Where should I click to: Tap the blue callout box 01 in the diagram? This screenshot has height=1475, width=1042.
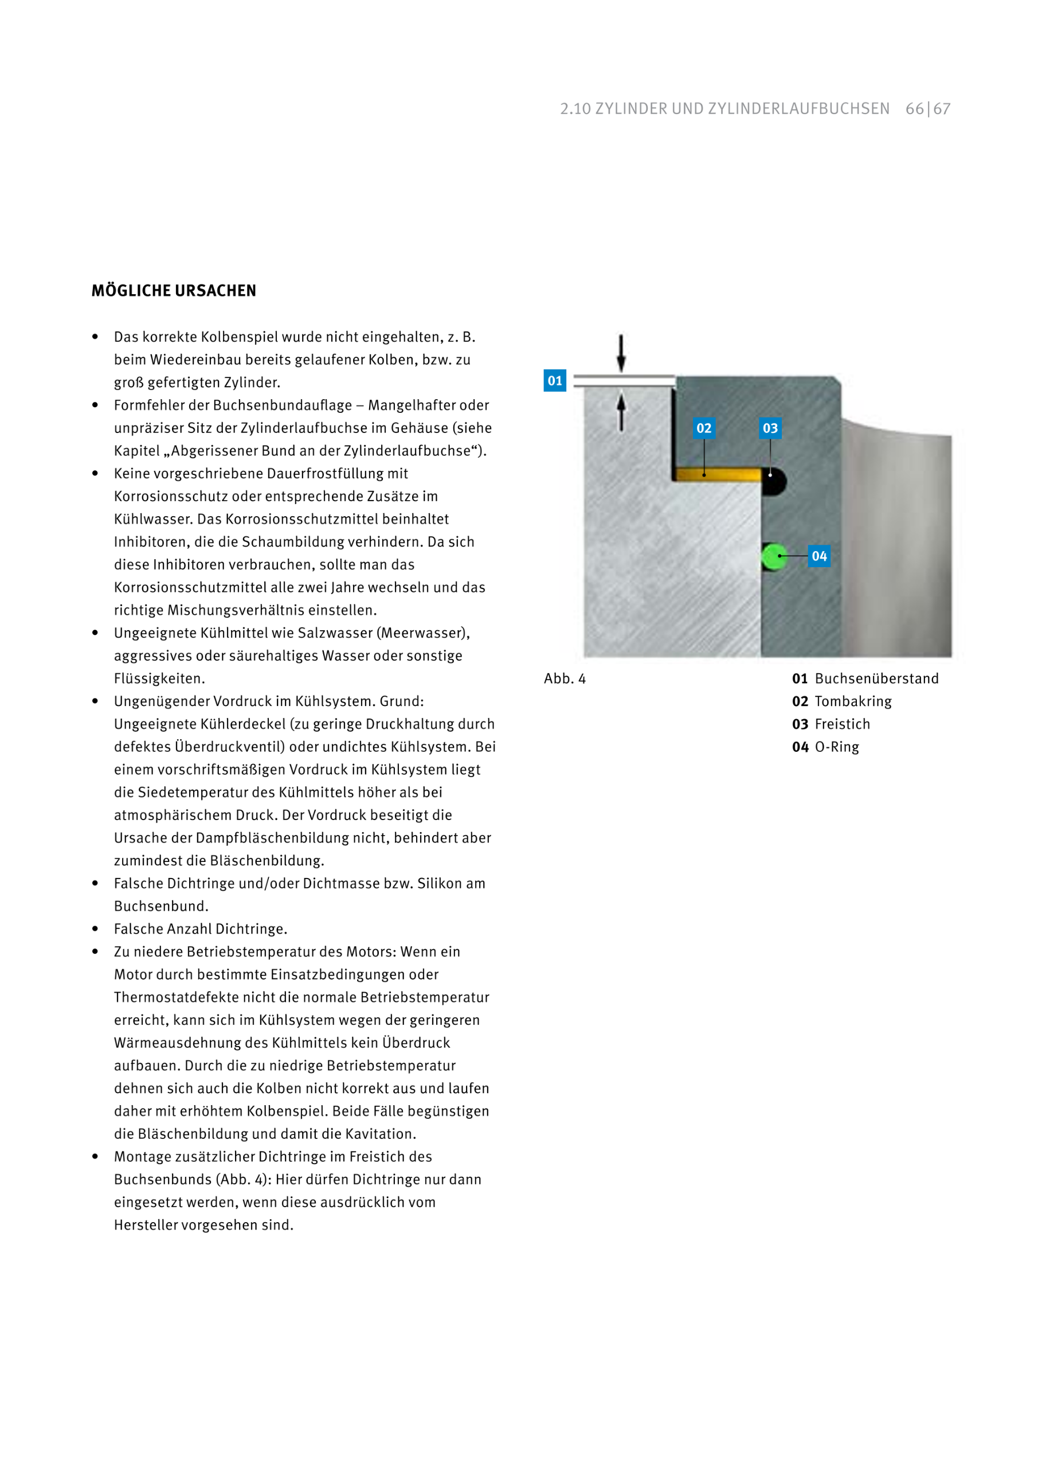coord(555,380)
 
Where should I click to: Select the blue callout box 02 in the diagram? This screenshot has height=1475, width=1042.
coord(704,428)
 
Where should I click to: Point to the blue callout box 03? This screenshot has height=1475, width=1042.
coord(770,428)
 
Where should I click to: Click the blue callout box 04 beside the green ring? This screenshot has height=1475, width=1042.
coord(819,556)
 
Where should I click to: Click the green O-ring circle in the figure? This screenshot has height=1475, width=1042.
coord(774,556)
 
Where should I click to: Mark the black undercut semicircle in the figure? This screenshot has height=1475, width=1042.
coord(774,482)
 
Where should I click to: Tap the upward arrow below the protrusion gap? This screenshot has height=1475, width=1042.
coord(621,412)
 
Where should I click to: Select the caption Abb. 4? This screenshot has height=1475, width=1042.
coord(565,678)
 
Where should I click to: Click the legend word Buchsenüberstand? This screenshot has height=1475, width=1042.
coord(876,678)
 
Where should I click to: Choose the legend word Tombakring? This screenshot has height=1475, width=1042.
coord(853,701)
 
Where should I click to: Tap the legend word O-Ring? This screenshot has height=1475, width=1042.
coord(837,747)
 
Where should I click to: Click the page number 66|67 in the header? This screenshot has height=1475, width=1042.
coord(928,108)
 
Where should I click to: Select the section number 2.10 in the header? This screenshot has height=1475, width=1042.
coord(575,108)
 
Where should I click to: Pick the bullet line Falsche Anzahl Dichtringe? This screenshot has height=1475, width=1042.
coord(200,929)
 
